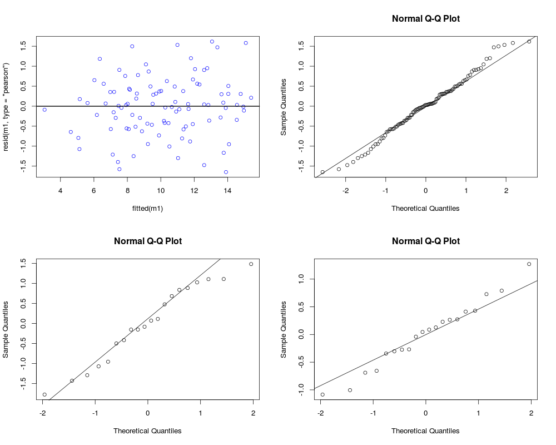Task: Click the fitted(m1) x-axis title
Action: [147, 209]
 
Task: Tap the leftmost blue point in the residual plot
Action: [44, 110]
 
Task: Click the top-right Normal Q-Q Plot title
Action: [425, 19]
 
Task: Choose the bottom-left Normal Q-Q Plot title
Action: [147, 241]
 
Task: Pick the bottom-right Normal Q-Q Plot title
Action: [425, 241]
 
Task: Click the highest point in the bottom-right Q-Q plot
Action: [529, 264]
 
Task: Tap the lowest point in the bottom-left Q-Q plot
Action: [44, 394]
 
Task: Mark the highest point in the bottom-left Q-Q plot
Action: [251, 264]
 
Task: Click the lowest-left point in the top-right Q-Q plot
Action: [322, 172]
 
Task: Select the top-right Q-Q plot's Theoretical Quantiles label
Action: [425, 209]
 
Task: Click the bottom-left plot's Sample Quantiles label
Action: [7, 330]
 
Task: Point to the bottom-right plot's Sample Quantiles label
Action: [284, 330]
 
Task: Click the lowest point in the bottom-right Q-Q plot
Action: [322, 394]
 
